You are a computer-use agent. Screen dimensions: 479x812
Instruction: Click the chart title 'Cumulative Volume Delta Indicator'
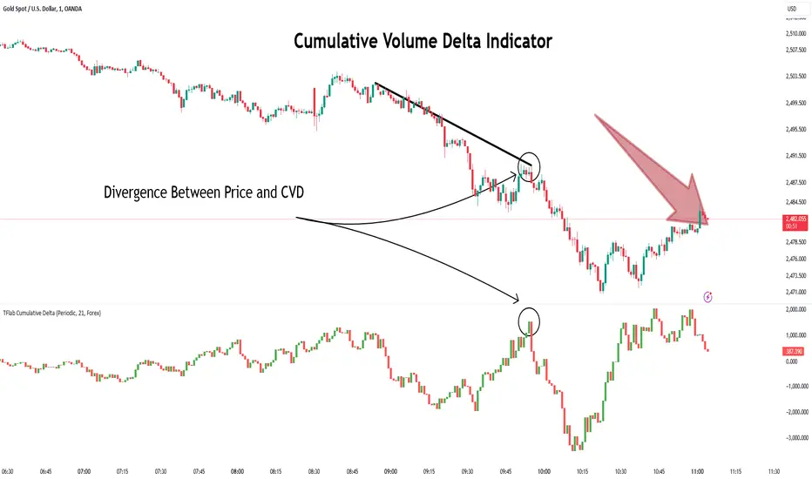click(x=422, y=41)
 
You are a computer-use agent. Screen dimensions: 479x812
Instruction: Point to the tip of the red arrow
click(x=707, y=224)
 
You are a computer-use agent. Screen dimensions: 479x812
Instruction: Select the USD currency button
click(x=792, y=9)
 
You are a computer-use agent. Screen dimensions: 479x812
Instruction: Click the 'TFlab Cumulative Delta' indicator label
click(x=51, y=311)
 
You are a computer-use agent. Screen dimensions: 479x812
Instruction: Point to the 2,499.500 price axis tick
click(x=793, y=103)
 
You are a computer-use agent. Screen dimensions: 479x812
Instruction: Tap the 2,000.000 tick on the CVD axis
click(x=793, y=309)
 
